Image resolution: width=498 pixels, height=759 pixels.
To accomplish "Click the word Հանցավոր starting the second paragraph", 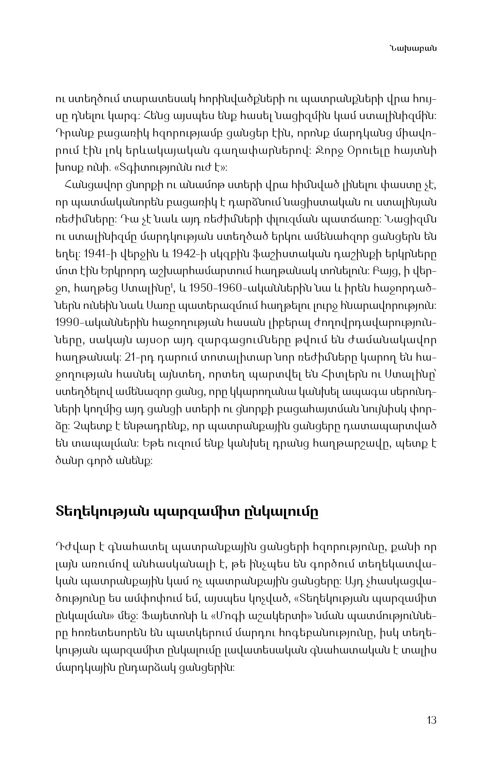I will tap(87, 185).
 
